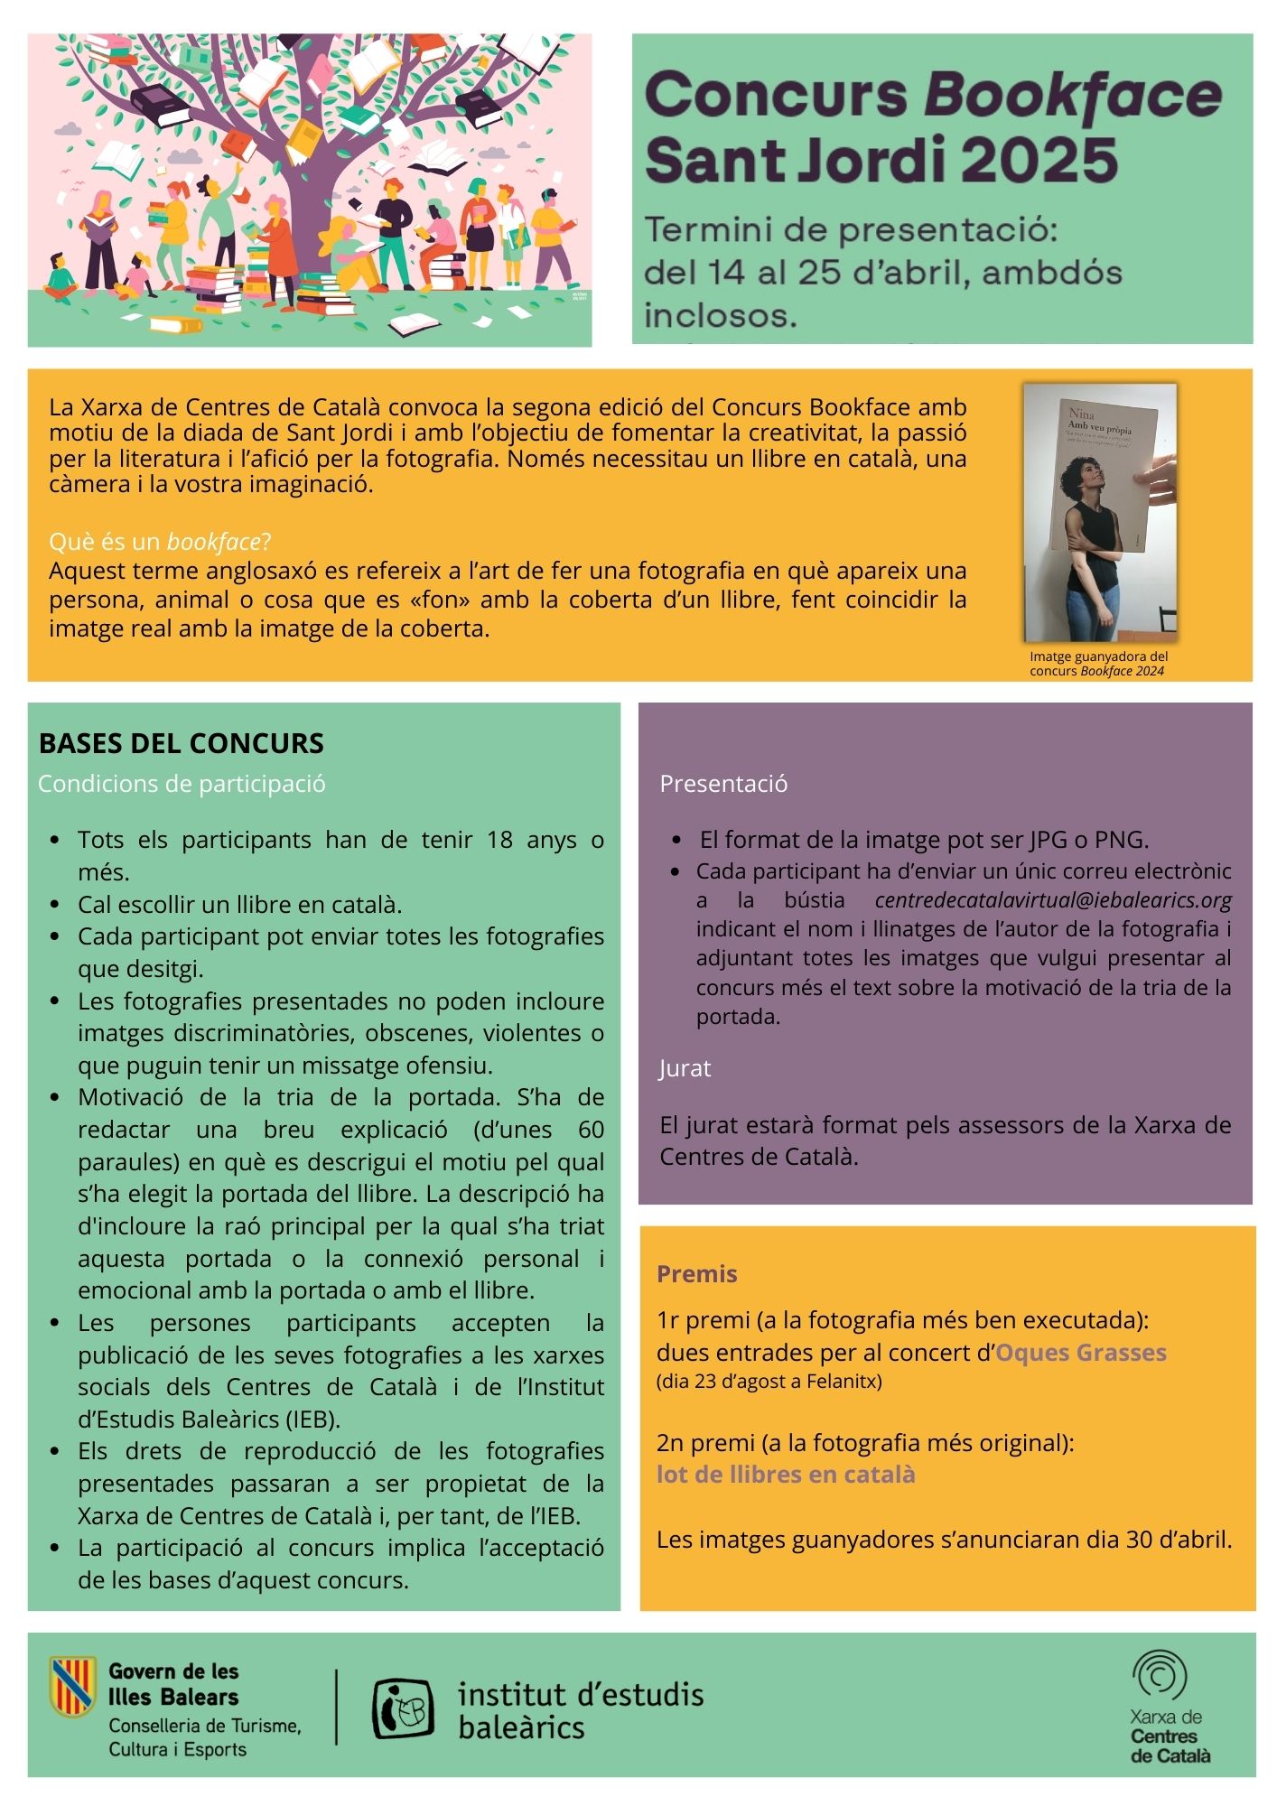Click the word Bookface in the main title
click(x=1072, y=96)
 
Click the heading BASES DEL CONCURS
click(x=181, y=743)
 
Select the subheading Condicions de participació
click(x=182, y=784)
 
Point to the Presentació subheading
click(x=723, y=784)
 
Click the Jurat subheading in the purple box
click(x=685, y=1068)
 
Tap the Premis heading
click(x=696, y=1274)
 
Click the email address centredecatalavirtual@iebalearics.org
click(x=1053, y=900)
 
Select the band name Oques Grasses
click(x=1080, y=1353)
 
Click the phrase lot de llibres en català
click(x=786, y=1475)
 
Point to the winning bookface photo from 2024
click(x=1099, y=511)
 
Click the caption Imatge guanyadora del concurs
click(x=1098, y=664)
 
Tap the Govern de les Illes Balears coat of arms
click(x=72, y=1686)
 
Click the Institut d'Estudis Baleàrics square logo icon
click(x=403, y=1708)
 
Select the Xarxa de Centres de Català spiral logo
click(x=1160, y=1673)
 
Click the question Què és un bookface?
click(x=160, y=542)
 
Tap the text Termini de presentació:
click(x=850, y=230)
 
